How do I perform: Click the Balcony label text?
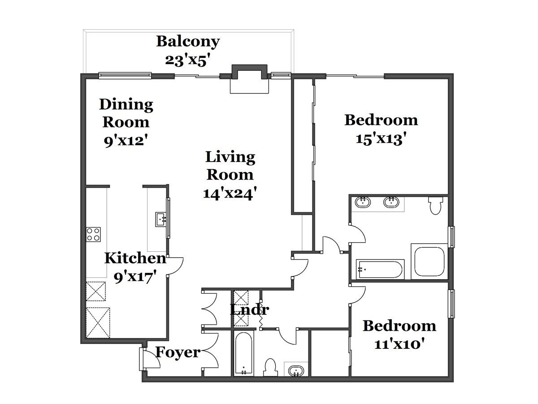[x=188, y=42]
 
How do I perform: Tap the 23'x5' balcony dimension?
[x=188, y=60]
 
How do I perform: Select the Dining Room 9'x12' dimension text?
[x=126, y=141]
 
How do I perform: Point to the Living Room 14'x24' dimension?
[x=230, y=193]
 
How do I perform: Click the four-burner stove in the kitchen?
[x=93, y=234]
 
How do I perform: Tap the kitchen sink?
[x=161, y=220]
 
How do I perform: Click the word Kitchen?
[x=135, y=258]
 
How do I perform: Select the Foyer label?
[x=178, y=352]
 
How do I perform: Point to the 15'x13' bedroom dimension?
[x=381, y=139]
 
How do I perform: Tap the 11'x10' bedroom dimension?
[x=399, y=344]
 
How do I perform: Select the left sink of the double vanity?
[x=363, y=202]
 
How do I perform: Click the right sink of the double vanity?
[x=391, y=202]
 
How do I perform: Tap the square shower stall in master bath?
[x=429, y=262]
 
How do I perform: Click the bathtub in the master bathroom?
[x=380, y=269]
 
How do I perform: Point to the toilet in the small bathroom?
[x=271, y=368]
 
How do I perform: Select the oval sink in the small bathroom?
[x=296, y=370]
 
